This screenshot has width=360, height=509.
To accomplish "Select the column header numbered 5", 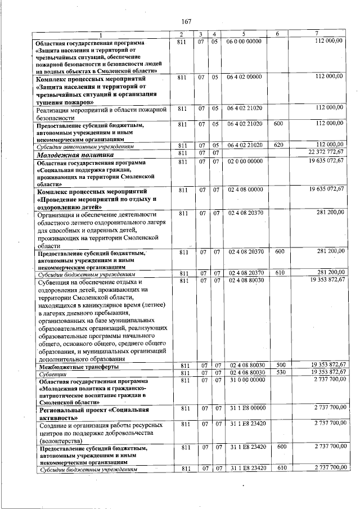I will (x=244, y=35).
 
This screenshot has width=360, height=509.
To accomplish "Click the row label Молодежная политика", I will (x=75, y=154).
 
